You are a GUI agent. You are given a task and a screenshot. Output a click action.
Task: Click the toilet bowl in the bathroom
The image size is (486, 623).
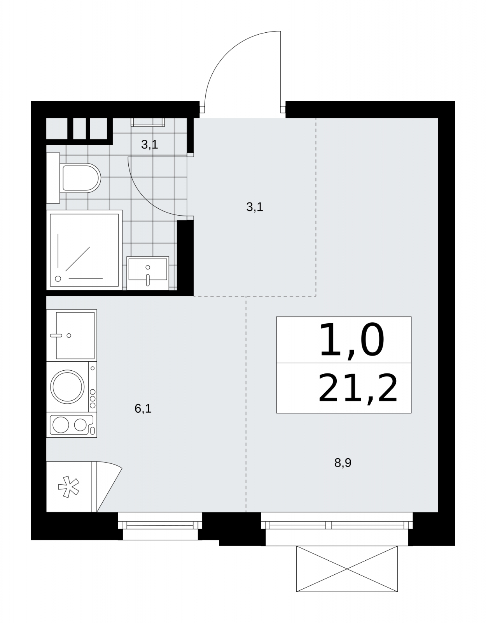81,178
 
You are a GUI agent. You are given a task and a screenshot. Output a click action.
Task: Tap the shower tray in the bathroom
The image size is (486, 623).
84,250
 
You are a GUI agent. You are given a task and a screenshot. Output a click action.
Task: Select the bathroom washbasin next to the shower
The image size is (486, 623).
148,273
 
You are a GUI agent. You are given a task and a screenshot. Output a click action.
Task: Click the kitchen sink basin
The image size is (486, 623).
75,335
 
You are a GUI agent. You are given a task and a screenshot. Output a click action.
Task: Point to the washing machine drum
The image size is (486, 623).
67,387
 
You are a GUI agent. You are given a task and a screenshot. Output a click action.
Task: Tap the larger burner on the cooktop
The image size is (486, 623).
61,424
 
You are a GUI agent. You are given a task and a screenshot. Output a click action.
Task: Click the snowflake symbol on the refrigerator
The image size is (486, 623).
68,487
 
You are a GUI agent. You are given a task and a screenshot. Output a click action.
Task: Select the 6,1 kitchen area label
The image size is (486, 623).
143,408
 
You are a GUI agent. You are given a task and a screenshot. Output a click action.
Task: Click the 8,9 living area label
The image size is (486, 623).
343,463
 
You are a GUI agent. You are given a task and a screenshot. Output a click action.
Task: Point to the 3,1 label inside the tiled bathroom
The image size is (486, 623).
149,145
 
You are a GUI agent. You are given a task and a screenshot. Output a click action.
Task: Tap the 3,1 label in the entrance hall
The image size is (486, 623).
254,207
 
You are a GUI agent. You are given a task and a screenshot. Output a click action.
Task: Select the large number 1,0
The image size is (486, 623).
351,340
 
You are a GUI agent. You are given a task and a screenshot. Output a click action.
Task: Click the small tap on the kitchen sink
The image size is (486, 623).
56,335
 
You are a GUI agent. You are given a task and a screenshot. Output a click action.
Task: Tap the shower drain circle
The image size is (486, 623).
58,278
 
